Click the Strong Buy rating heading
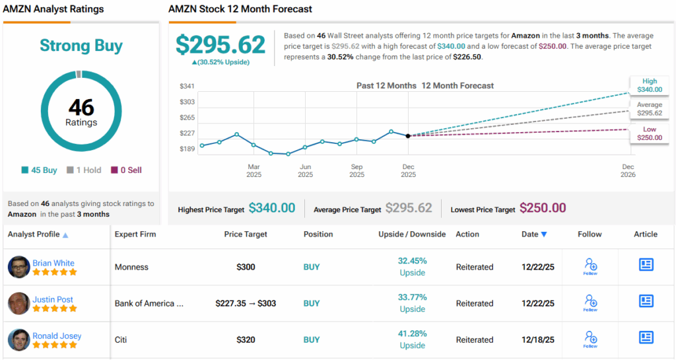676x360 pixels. (81, 45)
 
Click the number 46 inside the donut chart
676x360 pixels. (81, 107)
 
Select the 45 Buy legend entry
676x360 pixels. (40, 170)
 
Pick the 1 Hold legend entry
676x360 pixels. (84, 170)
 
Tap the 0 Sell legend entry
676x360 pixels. (125, 170)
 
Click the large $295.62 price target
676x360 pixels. (220, 44)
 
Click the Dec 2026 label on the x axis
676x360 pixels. (628, 171)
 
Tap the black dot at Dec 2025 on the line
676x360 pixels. (408, 135)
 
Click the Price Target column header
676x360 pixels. (246, 234)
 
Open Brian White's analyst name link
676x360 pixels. (53, 263)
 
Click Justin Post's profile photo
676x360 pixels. (19, 303)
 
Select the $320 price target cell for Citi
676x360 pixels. (246, 340)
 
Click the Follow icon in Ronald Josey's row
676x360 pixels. (591, 338)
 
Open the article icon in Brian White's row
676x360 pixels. (646, 265)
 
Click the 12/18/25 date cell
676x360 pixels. (536, 340)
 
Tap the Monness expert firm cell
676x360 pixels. (131, 267)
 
